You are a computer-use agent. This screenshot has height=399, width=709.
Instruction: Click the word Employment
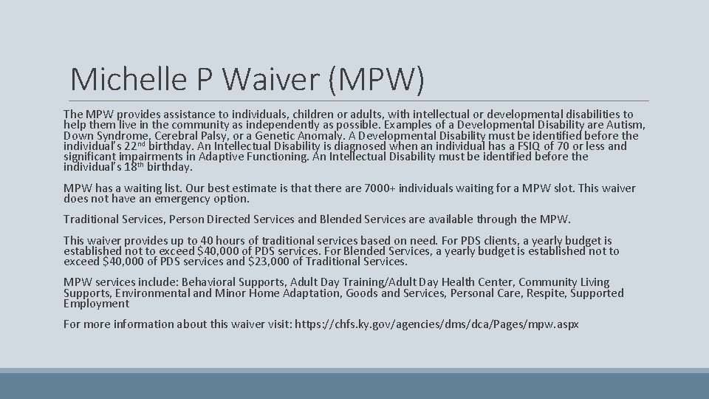96,304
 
